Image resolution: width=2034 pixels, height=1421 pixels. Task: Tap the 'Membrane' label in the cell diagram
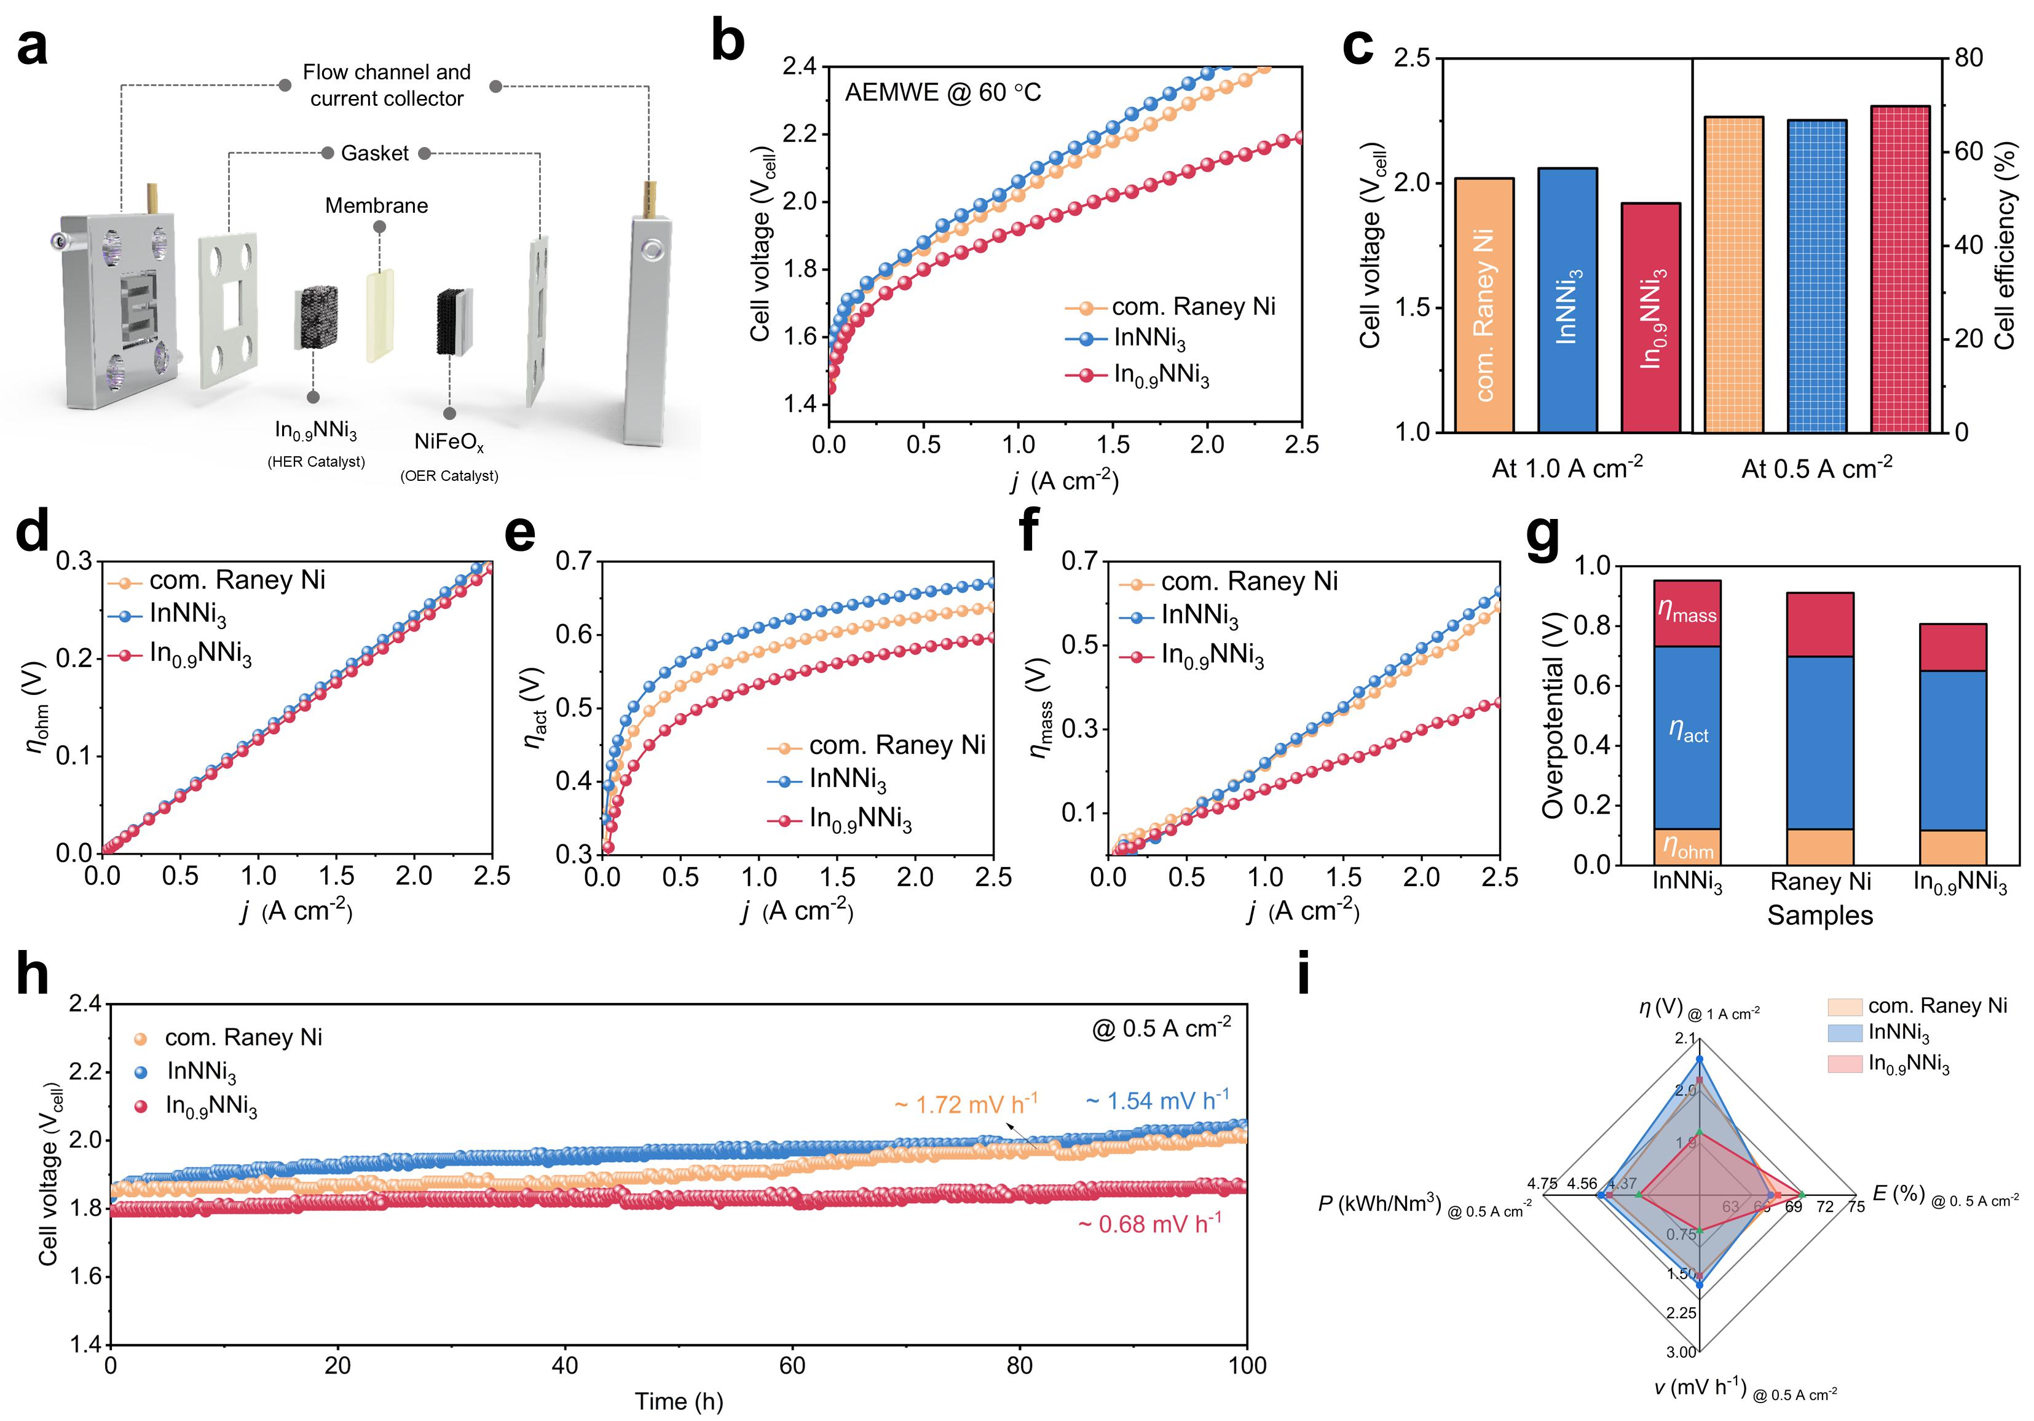pyautogui.click(x=377, y=205)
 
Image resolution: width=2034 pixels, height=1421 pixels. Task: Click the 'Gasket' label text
pyautogui.click(x=375, y=153)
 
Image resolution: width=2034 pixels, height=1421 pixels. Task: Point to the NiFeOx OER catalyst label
pyautogui.click(x=449, y=441)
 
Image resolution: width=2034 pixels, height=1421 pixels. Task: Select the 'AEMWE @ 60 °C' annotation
pyautogui.click(x=942, y=93)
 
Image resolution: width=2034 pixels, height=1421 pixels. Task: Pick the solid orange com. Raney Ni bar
pyautogui.click(x=1484, y=305)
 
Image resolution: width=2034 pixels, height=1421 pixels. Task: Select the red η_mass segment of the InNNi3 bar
pyautogui.click(x=1687, y=613)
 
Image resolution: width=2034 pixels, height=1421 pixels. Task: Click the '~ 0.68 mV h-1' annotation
pyautogui.click(x=1149, y=1224)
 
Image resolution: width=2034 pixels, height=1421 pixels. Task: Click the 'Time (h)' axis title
pyautogui.click(x=679, y=1401)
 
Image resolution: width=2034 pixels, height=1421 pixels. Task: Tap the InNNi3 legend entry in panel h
pyautogui.click(x=201, y=1072)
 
